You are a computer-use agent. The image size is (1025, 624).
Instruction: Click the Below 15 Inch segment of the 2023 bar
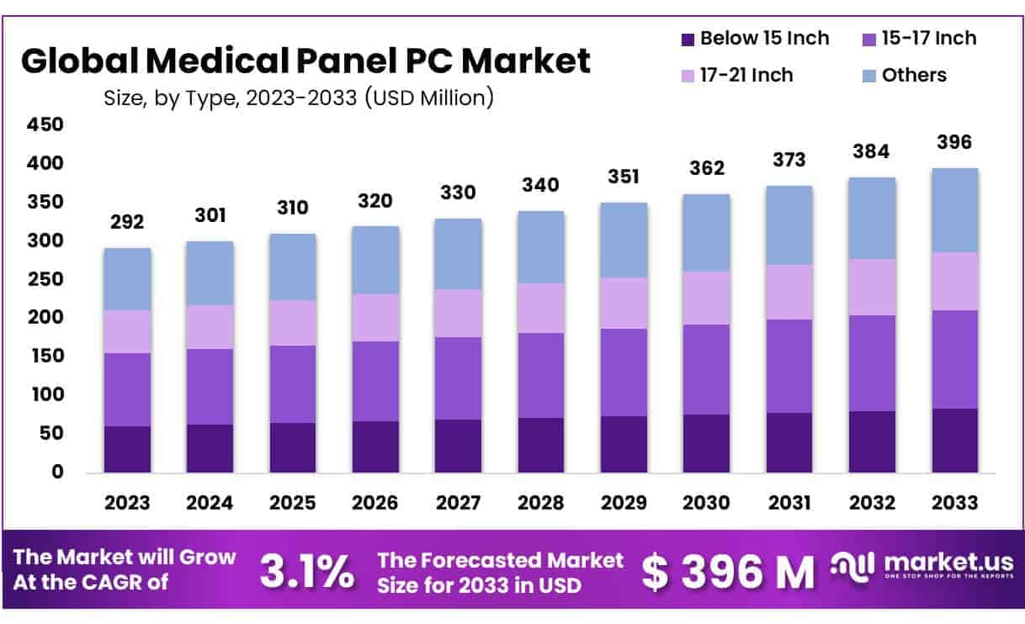127,449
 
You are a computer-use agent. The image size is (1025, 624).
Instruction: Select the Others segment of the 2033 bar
954,210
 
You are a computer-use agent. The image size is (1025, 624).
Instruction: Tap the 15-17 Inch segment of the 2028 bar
541,375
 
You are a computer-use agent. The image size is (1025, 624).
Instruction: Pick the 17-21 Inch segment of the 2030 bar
706,298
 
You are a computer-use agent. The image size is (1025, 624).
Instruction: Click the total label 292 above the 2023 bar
127,223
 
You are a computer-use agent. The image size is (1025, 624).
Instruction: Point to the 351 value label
624,177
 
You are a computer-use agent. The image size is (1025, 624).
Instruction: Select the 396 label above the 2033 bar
954,143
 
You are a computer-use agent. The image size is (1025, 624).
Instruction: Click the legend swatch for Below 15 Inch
688,39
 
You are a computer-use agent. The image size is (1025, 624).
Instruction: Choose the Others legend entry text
914,75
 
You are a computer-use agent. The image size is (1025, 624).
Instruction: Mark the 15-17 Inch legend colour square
869,39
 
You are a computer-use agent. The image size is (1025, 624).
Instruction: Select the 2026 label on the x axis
375,503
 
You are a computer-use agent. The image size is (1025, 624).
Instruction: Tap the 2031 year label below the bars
789,503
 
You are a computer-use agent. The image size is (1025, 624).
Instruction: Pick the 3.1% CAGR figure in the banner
306,572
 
